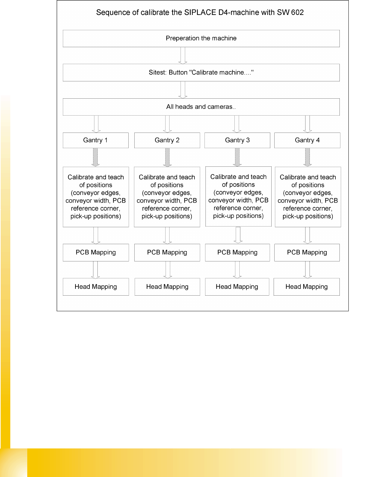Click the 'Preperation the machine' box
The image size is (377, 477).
(201, 39)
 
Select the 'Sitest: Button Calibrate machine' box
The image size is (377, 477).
(201, 72)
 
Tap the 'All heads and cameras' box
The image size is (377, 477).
(201, 107)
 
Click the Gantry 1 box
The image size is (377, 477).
(96, 140)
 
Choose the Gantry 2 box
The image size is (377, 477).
(167, 140)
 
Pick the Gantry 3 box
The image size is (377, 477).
(237, 140)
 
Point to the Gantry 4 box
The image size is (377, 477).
(307, 140)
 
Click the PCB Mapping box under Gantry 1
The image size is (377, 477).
(96, 252)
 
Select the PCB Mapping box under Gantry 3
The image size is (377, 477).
(237, 252)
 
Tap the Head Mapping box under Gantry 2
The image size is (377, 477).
(167, 287)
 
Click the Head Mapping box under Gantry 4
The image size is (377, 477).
(307, 287)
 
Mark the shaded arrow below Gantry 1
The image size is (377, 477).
(96, 157)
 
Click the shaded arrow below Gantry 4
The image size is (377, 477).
(308, 157)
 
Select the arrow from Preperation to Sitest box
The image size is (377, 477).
(183, 55)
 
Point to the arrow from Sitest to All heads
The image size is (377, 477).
(183, 90)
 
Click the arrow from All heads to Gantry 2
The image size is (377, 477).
(168, 124)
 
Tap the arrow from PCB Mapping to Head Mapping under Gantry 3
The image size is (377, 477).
(237, 269)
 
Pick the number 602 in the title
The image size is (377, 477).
(297, 13)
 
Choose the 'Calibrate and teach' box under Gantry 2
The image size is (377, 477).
(167, 197)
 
